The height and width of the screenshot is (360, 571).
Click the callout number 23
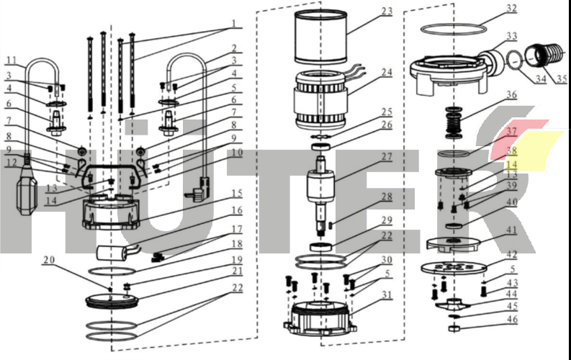tap(387, 12)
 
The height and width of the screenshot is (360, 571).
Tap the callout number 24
tap(387, 72)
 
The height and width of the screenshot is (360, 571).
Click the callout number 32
tap(511, 9)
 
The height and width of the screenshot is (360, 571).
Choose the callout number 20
tap(48, 259)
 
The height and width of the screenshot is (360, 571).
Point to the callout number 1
tap(234, 23)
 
